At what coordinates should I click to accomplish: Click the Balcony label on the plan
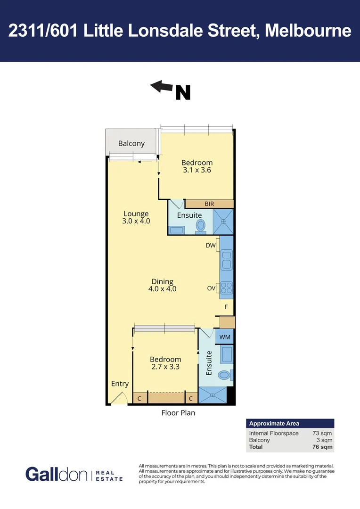[131, 144]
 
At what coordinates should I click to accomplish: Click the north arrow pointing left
[162, 86]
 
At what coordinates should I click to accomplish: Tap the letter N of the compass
[183, 92]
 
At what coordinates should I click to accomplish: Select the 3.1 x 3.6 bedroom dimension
[197, 170]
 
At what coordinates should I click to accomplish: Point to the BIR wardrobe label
[209, 204]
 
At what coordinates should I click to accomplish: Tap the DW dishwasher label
[211, 246]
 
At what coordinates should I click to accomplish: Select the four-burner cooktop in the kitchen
[226, 287]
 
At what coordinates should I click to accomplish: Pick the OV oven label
[211, 287]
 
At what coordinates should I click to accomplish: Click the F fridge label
[226, 307]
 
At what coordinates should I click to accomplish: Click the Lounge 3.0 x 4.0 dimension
[136, 221]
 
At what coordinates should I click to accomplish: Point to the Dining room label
[162, 281]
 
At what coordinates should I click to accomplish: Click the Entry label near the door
[120, 384]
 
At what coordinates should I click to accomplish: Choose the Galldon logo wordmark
[56, 474]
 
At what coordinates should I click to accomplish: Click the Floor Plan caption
[178, 413]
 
